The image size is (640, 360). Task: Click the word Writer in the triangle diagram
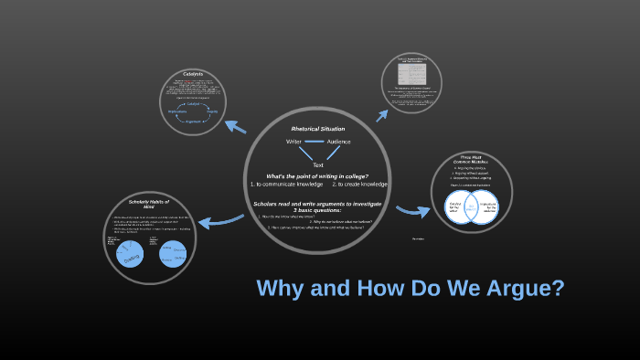click(x=294, y=142)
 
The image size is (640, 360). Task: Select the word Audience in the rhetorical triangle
click(x=338, y=142)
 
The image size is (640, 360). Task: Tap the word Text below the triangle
click(x=318, y=164)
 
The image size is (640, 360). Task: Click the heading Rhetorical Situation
click(x=318, y=129)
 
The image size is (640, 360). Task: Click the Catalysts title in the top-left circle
click(x=192, y=74)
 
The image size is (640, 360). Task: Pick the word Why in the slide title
click(x=280, y=289)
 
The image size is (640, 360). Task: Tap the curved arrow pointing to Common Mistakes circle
click(x=413, y=210)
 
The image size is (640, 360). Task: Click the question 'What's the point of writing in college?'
click(x=317, y=175)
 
